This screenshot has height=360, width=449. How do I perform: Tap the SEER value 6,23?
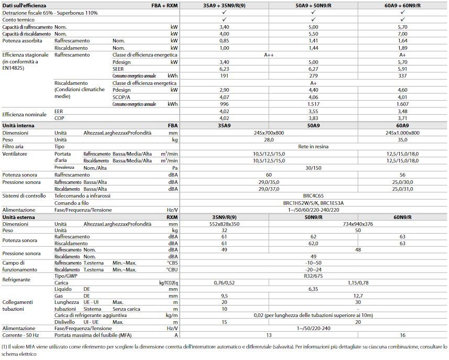(x=224, y=69)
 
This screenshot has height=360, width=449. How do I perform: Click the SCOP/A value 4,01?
(x=402, y=97)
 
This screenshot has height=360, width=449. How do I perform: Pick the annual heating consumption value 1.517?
(x=313, y=104)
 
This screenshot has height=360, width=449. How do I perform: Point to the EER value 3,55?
(x=313, y=111)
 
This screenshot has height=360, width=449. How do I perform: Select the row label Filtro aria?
(x=14, y=147)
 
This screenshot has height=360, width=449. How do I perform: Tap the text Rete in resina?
(x=313, y=147)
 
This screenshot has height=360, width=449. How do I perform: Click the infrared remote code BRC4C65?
(x=313, y=195)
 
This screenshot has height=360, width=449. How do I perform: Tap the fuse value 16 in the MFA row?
(x=402, y=335)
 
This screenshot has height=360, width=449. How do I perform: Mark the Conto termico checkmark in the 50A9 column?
(x=313, y=19)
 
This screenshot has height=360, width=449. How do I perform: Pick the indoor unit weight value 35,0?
(x=402, y=140)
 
